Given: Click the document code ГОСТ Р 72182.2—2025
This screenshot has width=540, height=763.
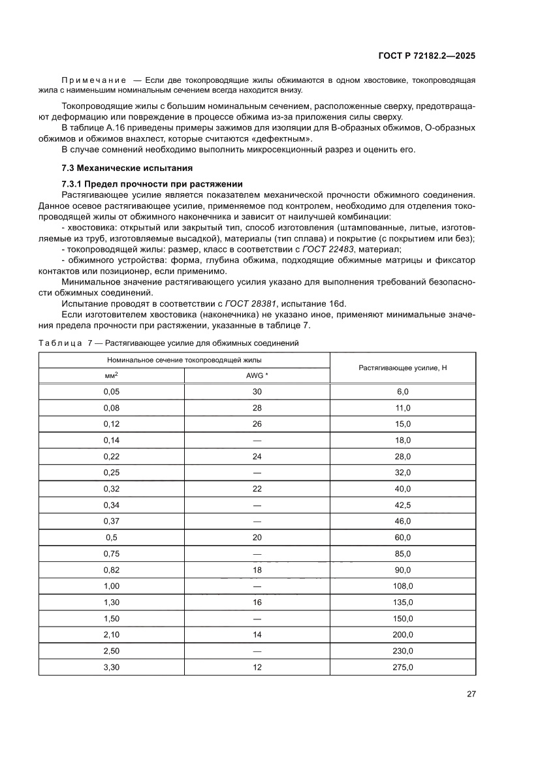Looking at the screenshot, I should tap(427, 56).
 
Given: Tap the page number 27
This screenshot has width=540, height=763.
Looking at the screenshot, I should tap(471, 694).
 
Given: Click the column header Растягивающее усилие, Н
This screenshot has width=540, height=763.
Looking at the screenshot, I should tap(402, 368).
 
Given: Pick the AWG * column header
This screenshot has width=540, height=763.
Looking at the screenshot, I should tap(257, 376).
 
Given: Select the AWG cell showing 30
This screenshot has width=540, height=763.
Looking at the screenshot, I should tap(257, 392).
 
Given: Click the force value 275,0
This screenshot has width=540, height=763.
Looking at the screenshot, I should tap(402, 667).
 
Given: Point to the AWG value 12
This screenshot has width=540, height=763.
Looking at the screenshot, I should tap(257, 667).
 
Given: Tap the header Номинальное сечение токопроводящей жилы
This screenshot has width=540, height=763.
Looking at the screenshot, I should tap(184, 360).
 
